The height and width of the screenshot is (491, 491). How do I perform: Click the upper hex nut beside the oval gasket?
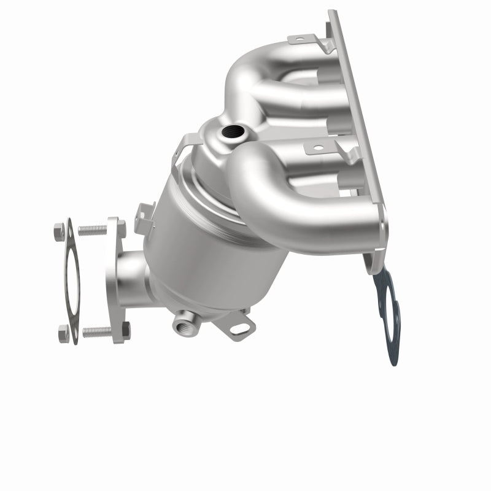[x=59, y=232]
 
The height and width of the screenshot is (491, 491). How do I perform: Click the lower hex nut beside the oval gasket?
[x=63, y=334]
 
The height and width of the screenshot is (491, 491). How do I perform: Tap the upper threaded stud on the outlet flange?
[x=92, y=231]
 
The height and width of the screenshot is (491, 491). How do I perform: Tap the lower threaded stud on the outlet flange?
[x=97, y=331]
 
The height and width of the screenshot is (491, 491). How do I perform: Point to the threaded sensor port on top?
[x=233, y=131]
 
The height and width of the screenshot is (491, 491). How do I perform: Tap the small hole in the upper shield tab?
[x=299, y=40]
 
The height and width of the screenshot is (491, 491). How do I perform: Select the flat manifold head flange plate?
[x=359, y=135]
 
